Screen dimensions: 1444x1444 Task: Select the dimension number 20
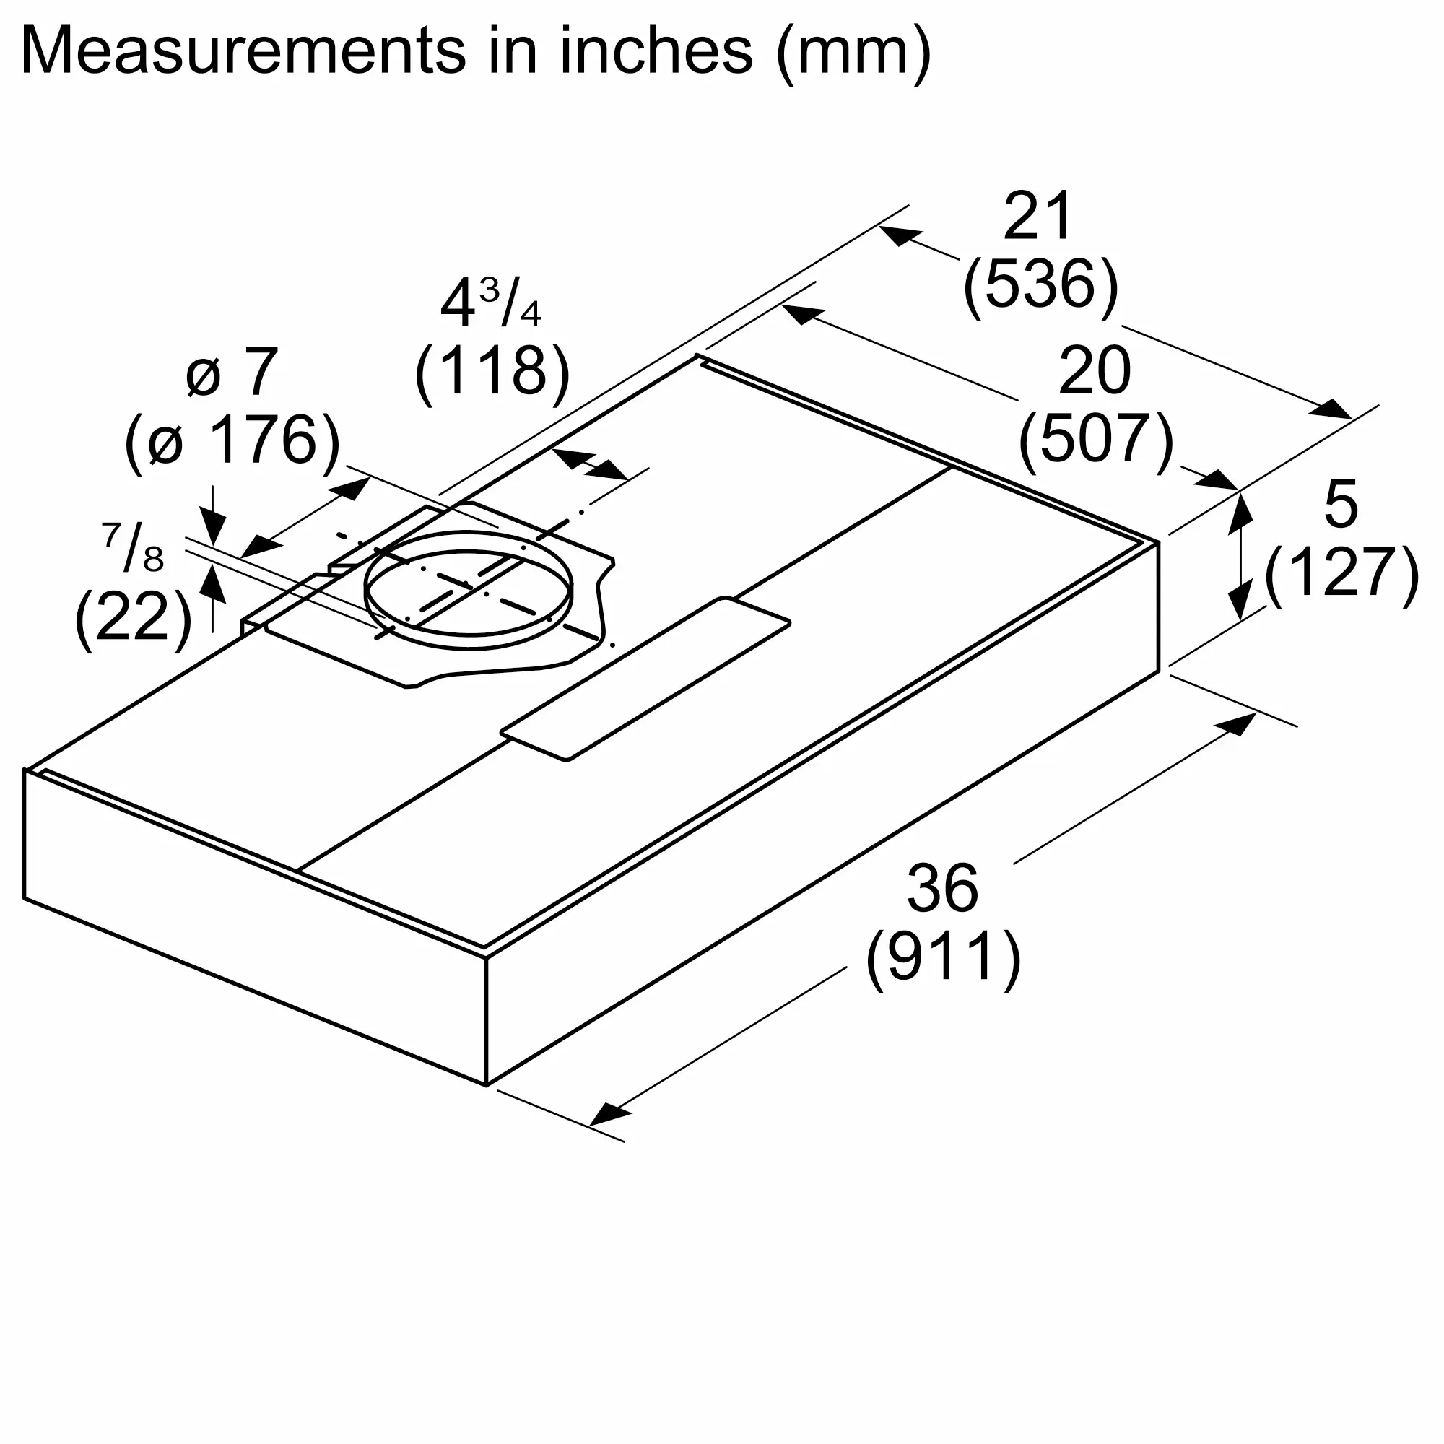pos(1095,371)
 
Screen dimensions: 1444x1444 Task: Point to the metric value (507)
pos(1096,440)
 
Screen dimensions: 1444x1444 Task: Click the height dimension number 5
pos(1340,505)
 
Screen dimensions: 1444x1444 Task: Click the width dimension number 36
pos(941,888)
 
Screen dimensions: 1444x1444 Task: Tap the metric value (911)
pos(943,957)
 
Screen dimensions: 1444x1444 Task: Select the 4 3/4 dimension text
pos(490,303)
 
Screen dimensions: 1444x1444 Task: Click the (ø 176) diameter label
pos(232,441)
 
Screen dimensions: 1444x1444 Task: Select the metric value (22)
pos(133,617)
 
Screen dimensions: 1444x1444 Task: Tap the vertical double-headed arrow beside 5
pos(1240,556)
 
